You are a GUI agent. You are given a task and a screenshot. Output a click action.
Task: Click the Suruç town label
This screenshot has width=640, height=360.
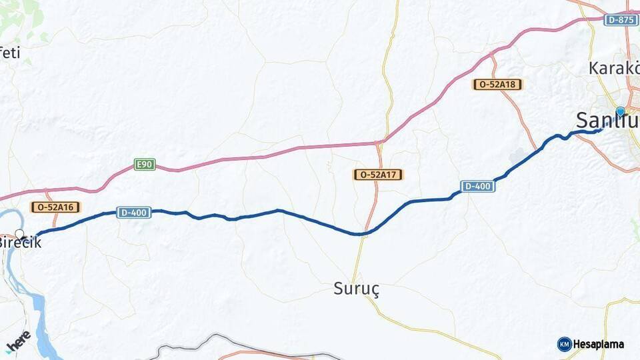(356, 289)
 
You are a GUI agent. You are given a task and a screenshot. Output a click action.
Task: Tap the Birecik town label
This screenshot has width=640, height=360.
(20, 243)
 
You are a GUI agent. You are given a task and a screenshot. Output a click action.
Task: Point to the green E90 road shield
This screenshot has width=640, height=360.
(145, 164)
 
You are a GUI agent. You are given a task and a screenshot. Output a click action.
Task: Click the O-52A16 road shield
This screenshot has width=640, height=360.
(55, 207)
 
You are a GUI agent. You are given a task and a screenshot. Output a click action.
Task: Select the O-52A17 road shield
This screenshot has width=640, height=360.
(378, 175)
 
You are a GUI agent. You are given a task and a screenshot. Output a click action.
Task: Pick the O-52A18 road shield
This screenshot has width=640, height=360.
(497, 84)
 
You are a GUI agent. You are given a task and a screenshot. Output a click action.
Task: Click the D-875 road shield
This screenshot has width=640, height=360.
(621, 20)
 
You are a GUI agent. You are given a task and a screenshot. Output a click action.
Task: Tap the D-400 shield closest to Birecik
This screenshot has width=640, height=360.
(133, 212)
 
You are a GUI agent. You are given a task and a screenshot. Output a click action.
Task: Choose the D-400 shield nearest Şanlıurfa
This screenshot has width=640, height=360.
(478, 186)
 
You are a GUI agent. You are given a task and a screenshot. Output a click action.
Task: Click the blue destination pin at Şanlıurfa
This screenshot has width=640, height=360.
(621, 111)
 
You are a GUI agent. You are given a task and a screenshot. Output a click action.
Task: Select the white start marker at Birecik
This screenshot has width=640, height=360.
(20, 234)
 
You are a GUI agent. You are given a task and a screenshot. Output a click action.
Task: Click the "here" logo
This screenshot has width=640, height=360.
(18, 341)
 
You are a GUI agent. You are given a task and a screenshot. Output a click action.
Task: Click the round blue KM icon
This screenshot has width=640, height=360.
(564, 344)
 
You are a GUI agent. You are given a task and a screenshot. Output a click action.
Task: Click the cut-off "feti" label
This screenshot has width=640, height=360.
(10, 53)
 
